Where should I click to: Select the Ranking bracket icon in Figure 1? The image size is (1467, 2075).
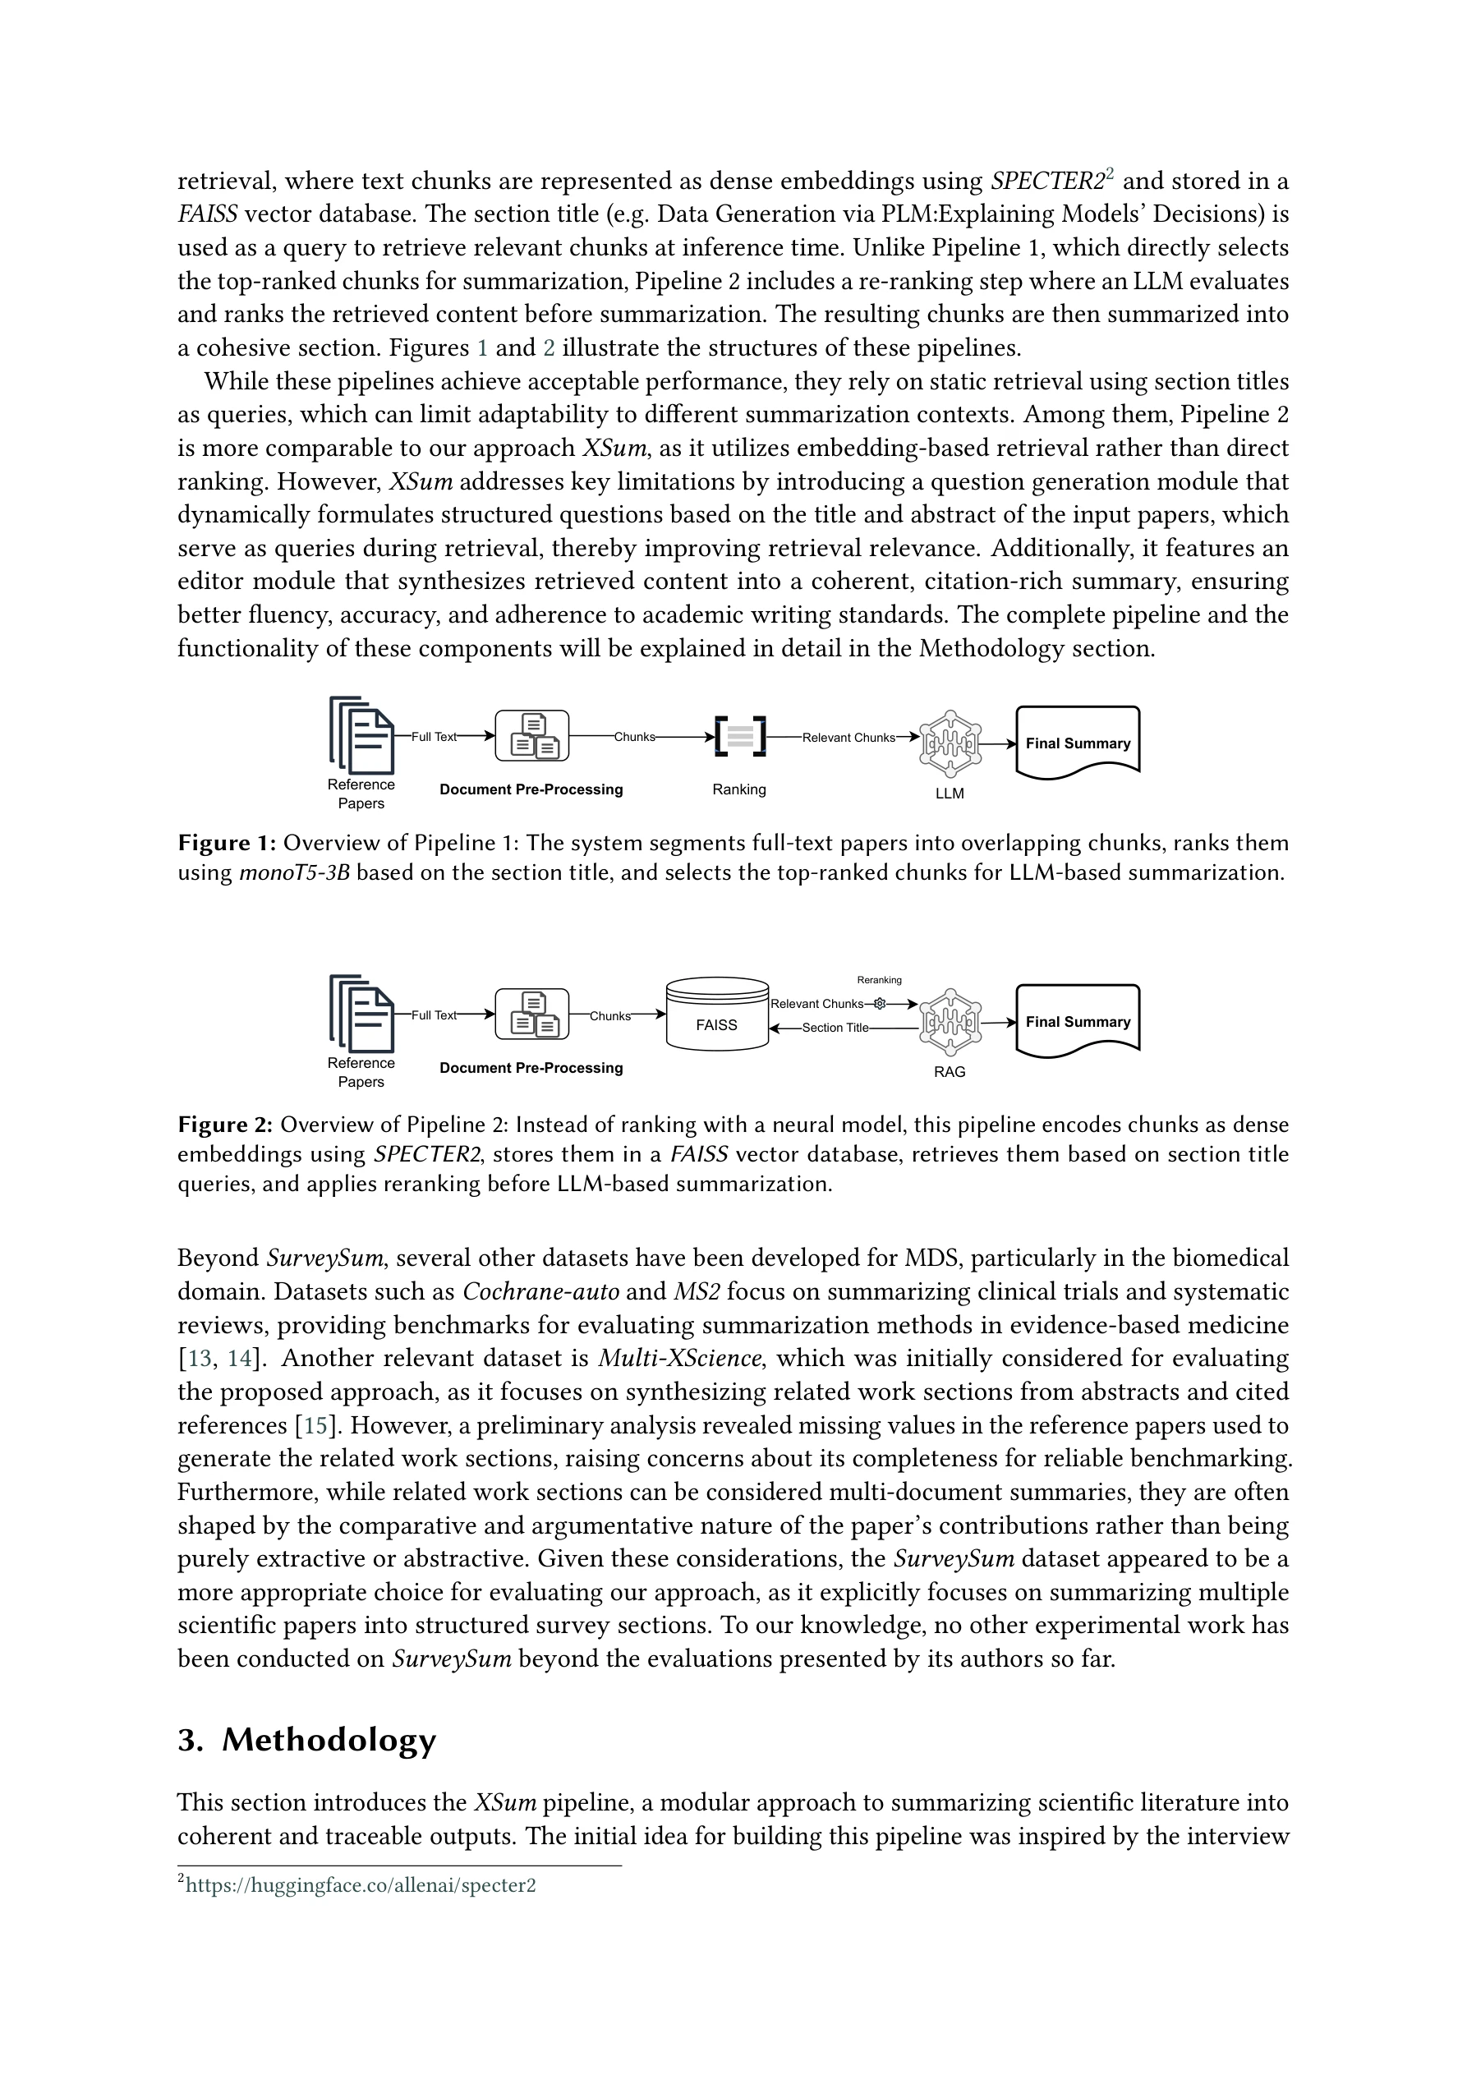tap(739, 736)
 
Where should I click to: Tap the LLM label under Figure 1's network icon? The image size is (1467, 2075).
tap(949, 794)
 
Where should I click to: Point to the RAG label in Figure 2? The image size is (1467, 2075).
tap(949, 1072)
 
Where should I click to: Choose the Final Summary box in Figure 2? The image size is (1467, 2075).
tap(1078, 1021)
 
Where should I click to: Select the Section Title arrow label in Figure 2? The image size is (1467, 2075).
tap(835, 1028)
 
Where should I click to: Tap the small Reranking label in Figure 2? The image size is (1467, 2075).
tap(879, 980)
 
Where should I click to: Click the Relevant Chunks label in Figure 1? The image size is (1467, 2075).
tap(848, 738)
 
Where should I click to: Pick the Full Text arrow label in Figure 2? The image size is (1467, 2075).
tap(434, 1014)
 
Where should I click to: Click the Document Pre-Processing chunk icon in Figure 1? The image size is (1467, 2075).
tap(532, 737)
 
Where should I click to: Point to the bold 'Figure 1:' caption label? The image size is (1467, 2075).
tap(226, 843)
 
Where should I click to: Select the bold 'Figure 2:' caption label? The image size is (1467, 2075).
tap(225, 1125)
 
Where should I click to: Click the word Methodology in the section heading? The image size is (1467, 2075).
tap(329, 1740)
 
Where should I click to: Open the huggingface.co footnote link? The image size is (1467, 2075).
tap(361, 1886)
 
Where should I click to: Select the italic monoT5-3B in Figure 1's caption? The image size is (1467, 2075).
tap(294, 873)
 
